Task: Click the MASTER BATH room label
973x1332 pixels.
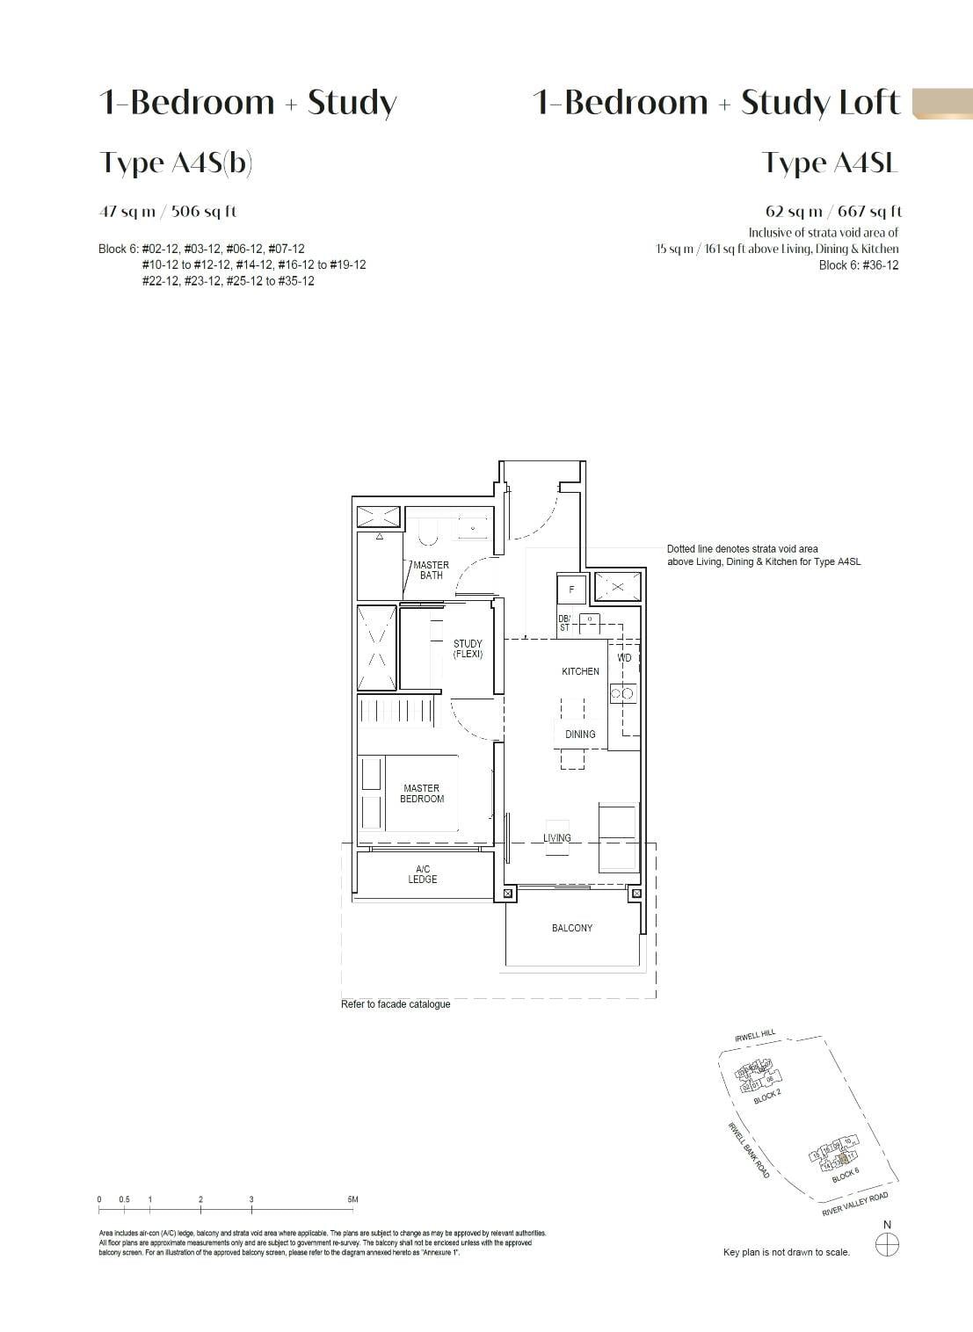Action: (431, 570)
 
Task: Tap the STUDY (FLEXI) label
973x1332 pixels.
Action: (468, 649)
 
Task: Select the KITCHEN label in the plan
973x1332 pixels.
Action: (580, 671)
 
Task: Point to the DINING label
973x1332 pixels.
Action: (580, 735)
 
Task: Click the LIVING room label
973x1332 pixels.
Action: (557, 838)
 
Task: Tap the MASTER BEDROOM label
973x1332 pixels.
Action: (422, 793)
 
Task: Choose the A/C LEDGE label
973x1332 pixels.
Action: (423, 874)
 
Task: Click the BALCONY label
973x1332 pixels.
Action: (572, 928)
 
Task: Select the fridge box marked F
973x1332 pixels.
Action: (571, 590)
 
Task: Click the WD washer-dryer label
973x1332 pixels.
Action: (624, 657)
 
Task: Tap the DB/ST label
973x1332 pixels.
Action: (564, 623)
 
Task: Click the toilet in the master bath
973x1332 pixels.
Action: (428, 531)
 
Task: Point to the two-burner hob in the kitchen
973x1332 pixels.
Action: (622, 694)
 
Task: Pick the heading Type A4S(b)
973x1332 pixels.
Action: (177, 163)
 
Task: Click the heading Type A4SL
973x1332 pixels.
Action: (830, 163)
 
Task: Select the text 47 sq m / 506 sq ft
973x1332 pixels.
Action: (168, 212)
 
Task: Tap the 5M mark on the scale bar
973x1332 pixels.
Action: (352, 1199)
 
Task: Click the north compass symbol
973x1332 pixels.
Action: (888, 1244)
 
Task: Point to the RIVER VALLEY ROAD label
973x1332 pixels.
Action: (854, 1204)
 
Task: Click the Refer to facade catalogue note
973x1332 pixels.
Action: (396, 1004)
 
